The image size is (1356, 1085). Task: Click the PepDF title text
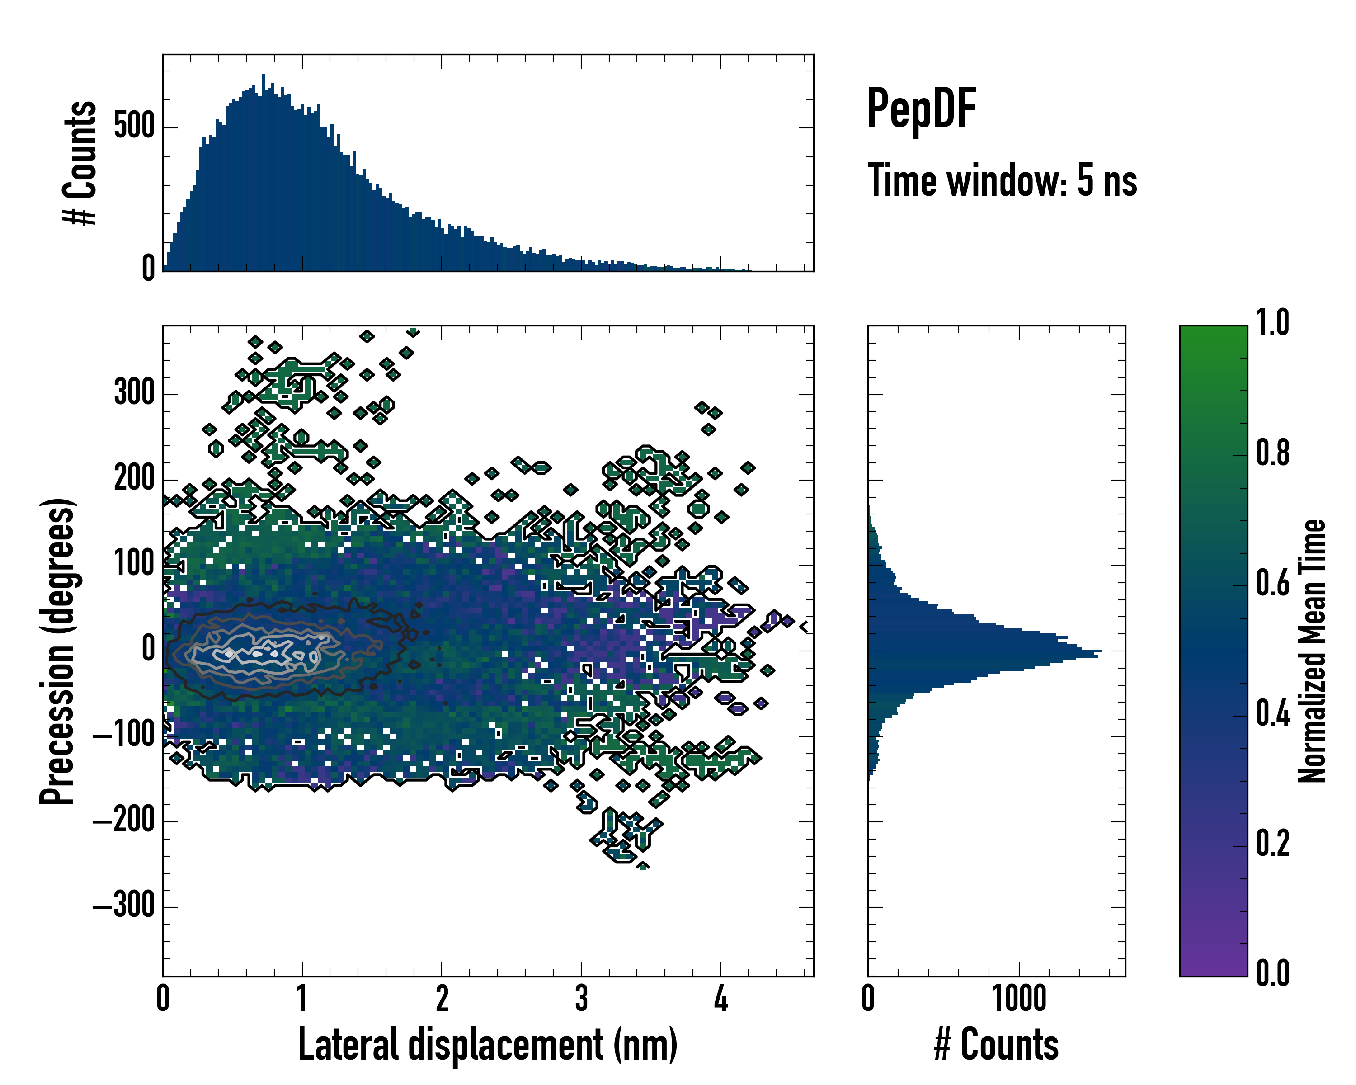pyautogui.click(x=921, y=108)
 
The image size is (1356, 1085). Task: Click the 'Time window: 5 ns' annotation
pyautogui.click(x=1002, y=180)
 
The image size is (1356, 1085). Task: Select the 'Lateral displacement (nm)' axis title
pyautogui.click(x=487, y=1045)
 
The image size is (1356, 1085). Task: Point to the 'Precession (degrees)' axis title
pyautogui.click(x=58, y=651)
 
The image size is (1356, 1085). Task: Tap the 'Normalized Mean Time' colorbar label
pyautogui.click(x=1312, y=651)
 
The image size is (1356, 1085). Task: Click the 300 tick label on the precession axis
pyautogui.click(x=134, y=393)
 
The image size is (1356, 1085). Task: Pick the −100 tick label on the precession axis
pyautogui.click(x=123, y=735)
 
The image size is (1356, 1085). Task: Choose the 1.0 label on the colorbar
pyautogui.click(x=1272, y=323)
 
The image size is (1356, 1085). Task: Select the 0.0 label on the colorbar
pyautogui.click(x=1272, y=973)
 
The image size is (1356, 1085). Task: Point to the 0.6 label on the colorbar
pyautogui.click(x=1272, y=583)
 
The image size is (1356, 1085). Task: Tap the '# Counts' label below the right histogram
pyautogui.click(x=996, y=1045)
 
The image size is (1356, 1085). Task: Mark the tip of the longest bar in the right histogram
pyautogui.click(x=1101, y=651)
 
